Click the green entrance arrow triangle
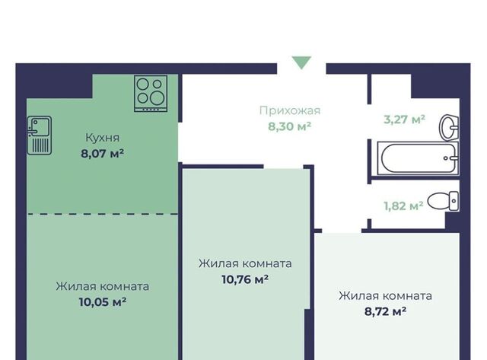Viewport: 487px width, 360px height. coord(301,62)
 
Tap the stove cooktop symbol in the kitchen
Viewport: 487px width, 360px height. coord(151,94)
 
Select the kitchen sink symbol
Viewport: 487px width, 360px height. coord(40,135)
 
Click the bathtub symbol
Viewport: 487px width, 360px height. coord(418,158)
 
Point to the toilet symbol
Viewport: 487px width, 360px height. coord(443,201)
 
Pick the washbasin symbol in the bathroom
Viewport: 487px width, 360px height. coord(449,127)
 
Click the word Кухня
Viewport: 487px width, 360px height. coord(103,138)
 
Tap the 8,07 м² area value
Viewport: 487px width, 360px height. coord(103,154)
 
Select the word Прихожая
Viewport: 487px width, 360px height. coord(290,110)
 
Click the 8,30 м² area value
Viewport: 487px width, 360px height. coord(290,126)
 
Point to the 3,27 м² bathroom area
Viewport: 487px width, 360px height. coord(404,119)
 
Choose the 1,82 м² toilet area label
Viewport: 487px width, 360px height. coord(403,205)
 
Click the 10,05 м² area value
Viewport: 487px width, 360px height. coord(103,302)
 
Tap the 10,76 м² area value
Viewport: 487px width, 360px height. coord(245,279)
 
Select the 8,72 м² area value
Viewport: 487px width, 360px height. coord(386,311)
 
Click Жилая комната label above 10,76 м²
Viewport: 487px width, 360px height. coord(245,263)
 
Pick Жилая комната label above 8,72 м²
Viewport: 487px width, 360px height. coord(386,296)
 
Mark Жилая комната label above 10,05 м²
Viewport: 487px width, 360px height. coord(103,286)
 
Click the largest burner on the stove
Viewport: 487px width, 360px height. coord(158,98)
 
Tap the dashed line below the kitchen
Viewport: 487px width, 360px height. coord(102,214)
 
